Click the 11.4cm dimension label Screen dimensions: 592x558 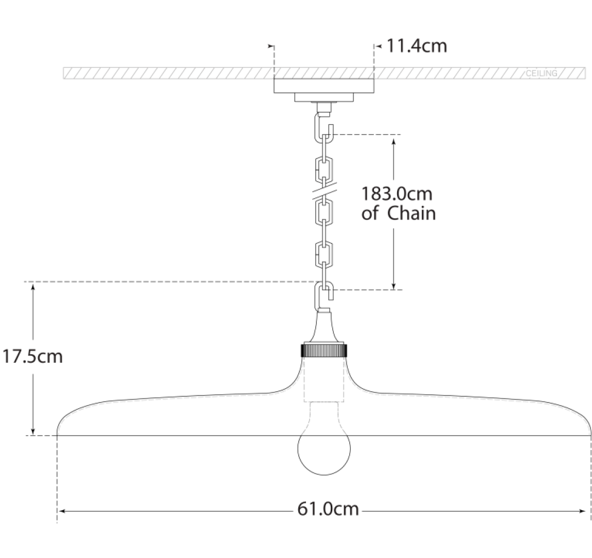(x=417, y=46)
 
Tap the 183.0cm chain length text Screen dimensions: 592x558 (x=397, y=194)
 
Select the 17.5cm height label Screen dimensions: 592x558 (x=32, y=357)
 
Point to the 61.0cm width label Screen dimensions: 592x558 (x=328, y=509)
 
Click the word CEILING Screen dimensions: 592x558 (x=542, y=73)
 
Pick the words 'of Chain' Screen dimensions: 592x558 (x=399, y=213)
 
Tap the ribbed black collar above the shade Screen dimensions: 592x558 (x=324, y=350)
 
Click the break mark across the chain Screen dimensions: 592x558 (x=324, y=192)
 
